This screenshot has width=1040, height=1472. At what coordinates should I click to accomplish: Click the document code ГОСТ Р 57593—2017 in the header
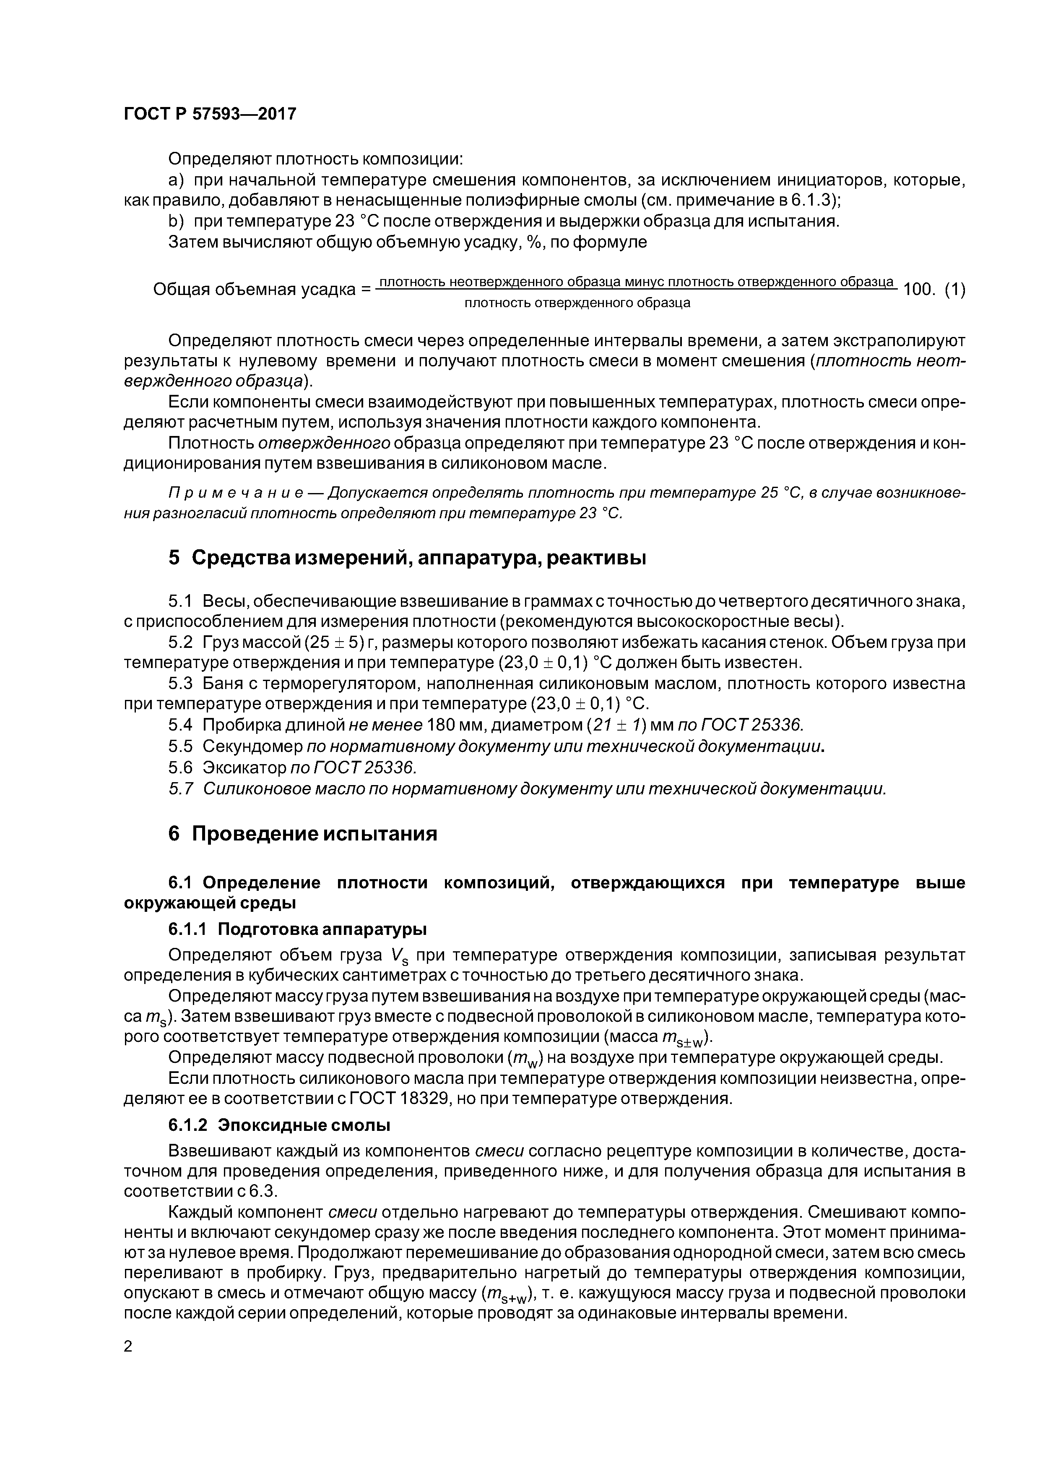coord(210,114)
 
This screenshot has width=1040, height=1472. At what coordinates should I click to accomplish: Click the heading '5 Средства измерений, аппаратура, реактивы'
coord(407,558)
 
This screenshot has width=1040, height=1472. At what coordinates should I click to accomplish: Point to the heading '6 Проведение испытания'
coord(302,833)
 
